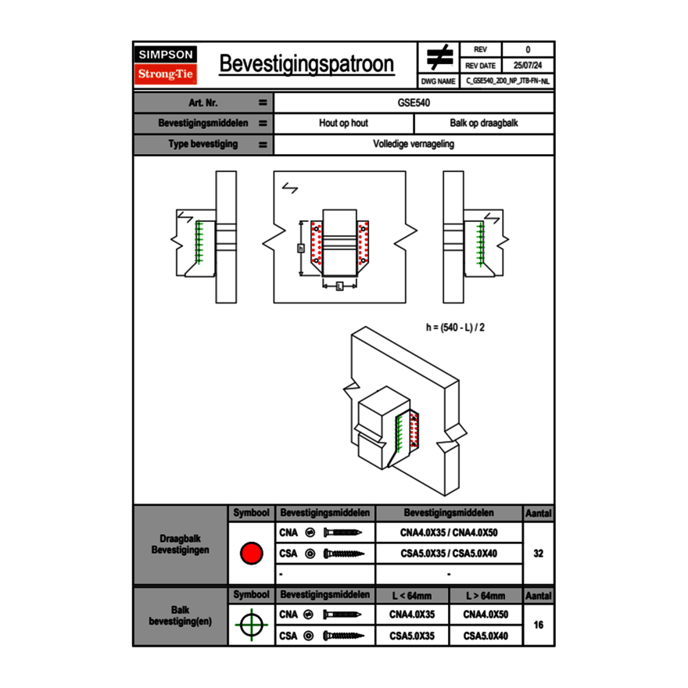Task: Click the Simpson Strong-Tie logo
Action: tap(166, 65)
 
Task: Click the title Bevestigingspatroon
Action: tap(306, 64)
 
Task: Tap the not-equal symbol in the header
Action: tap(439, 57)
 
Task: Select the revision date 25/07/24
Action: tap(528, 66)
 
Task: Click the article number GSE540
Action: tap(414, 102)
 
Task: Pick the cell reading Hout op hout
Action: tap(343, 124)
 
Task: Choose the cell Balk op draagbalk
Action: tap(484, 124)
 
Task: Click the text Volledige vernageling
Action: tap(414, 145)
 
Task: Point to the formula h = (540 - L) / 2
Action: tap(455, 328)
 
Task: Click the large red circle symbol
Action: tap(251, 554)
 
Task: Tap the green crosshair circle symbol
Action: tap(251, 625)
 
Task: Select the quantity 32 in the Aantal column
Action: tap(538, 554)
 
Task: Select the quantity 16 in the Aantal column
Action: tap(538, 625)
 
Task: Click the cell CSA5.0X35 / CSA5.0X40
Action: tap(449, 554)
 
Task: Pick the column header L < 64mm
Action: tap(412, 596)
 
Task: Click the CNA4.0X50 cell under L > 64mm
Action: tap(486, 615)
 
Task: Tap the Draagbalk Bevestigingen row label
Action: tap(180, 545)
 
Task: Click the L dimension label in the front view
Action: tap(339, 287)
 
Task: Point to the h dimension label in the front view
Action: tap(301, 248)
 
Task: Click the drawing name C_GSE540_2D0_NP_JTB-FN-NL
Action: tap(507, 81)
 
